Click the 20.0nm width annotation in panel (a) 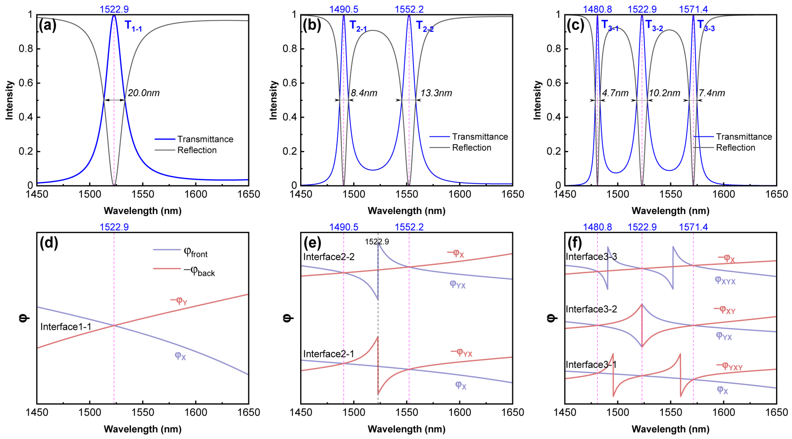(144, 93)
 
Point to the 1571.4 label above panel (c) (693, 10)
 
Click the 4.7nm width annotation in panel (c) (615, 93)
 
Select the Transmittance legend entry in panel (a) (205, 139)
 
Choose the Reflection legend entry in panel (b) (471, 148)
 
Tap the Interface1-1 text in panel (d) (66, 327)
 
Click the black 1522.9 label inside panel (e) (377, 242)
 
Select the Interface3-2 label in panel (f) (591, 309)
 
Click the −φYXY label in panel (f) (729, 366)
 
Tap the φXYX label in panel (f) (725, 280)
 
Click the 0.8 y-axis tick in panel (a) (26, 49)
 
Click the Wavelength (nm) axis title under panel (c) (671, 211)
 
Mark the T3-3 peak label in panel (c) (706, 26)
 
